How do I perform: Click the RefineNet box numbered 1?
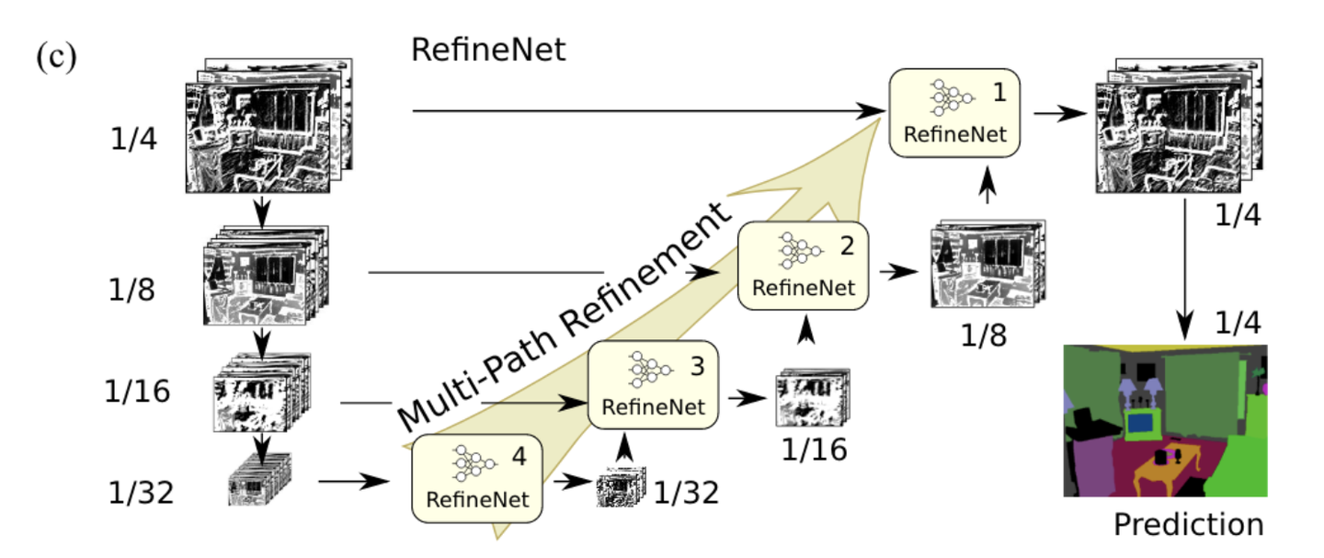955,112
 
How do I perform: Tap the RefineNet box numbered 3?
653,384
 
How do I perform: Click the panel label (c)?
55,57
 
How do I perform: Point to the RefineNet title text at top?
488,49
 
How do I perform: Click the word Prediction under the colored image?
1188,524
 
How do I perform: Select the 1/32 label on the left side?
139,493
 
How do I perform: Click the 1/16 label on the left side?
137,392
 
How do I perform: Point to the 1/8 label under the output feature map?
983,334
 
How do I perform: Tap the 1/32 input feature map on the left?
259,480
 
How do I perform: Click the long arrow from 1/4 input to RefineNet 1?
644,111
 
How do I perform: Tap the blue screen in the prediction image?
1141,423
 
